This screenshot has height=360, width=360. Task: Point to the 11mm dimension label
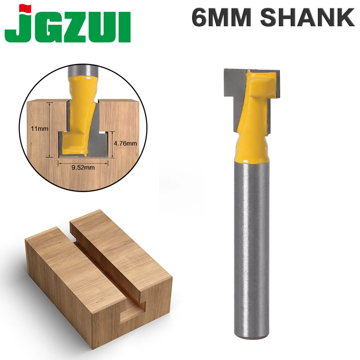39,129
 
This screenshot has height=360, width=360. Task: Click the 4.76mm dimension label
125,144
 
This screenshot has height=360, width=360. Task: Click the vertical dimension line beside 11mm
49,129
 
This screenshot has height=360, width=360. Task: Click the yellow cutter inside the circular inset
78,114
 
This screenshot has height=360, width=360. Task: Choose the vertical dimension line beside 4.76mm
112,144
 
